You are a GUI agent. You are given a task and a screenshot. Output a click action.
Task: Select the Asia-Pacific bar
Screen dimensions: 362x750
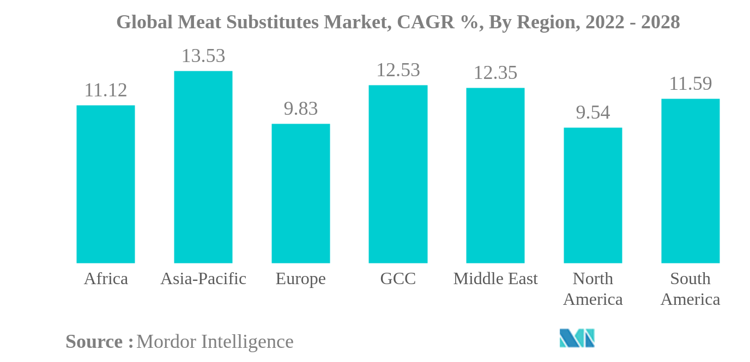203,167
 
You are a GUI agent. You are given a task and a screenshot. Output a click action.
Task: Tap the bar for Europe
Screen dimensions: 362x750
301,193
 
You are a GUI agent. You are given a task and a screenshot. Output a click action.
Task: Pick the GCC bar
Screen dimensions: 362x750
398,174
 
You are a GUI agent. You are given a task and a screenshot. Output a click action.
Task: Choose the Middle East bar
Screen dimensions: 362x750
495,175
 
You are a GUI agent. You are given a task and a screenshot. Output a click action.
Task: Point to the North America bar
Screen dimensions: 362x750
593,195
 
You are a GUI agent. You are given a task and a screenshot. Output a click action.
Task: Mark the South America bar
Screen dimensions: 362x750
691,181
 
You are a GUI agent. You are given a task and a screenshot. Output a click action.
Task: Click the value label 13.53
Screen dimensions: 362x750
203,56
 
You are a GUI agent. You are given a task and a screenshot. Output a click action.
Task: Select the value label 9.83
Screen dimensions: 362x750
301,109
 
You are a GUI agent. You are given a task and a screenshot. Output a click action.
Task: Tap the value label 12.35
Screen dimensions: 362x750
495,73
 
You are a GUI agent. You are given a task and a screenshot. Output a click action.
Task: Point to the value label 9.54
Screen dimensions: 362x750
593,113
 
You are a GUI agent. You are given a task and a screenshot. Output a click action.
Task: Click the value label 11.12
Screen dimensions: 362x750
106,90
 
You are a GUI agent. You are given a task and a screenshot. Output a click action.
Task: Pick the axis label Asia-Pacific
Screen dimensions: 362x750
203,279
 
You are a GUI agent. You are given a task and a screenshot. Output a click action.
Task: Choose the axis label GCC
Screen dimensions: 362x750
398,279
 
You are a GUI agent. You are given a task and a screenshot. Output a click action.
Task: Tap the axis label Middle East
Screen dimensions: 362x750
495,279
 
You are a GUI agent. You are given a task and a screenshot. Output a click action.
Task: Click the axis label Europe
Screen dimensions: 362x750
301,279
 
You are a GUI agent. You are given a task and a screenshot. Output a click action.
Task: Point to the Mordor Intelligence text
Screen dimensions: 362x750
215,342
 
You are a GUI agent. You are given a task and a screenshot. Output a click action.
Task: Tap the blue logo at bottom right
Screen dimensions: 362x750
577,338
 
